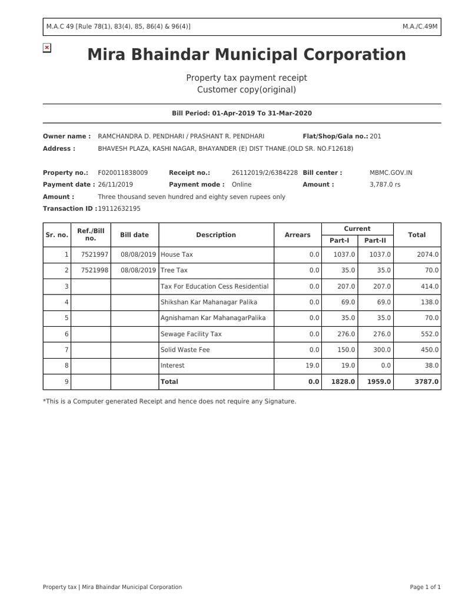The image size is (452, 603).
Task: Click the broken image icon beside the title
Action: click(47, 48)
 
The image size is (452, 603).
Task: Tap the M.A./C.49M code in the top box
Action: click(420, 26)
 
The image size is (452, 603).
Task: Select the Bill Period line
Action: click(241, 113)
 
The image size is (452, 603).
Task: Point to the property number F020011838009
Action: click(122, 173)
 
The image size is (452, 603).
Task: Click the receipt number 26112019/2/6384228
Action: click(264, 173)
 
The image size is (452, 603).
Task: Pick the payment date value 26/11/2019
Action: click(115, 184)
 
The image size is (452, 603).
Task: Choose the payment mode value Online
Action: click(241, 184)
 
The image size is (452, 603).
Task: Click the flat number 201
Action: click(375, 136)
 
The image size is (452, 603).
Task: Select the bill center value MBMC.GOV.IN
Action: click(391, 173)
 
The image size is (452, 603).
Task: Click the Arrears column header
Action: click(297, 235)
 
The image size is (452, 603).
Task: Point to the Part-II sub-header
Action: click(374, 240)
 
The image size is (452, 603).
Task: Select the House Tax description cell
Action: click(177, 254)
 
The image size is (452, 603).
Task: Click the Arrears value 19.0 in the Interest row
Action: click(312, 366)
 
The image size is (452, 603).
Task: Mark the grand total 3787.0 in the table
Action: click(427, 382)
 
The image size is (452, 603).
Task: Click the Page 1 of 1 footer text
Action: click(425, 587)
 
